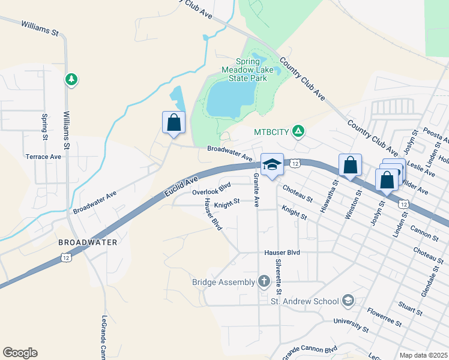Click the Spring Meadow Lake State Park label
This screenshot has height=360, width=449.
[x=247, y=70]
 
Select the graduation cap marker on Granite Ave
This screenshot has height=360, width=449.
[x=271, y=165]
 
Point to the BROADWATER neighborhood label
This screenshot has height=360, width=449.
[x=88, y=242]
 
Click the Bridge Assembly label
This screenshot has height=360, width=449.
[x=223, y=281]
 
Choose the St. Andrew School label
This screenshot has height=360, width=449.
[x=304, y=301]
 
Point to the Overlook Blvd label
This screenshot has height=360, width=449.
[x=211, y=192]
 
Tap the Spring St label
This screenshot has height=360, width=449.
[x=45, y=127]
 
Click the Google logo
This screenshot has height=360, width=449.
[x=20, y=353]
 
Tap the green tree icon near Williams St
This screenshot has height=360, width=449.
[x=71, y=79]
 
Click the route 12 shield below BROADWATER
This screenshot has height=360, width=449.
[x=64, y=257]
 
